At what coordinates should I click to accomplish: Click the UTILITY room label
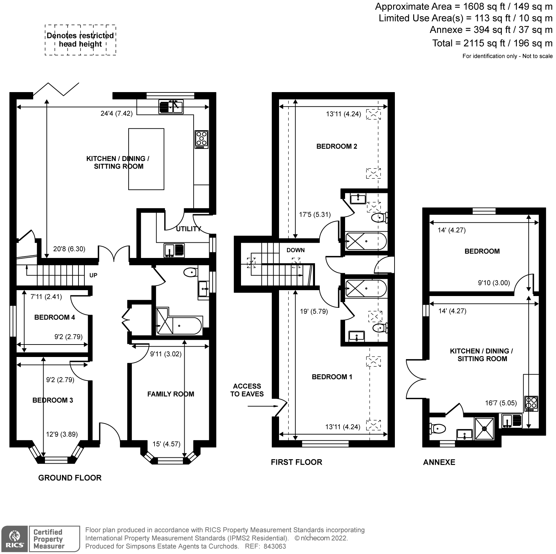click(188, 229)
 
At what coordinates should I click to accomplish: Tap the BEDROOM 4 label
click(55, 317)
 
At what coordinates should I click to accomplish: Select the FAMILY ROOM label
click(171, 394)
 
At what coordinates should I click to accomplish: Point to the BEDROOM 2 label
click(337, 146)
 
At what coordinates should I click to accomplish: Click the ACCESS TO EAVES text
click(247, 390)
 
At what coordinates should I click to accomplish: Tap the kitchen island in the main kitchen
click(146, 159)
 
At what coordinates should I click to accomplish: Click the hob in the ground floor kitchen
click(202, 139)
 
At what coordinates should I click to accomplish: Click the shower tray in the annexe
click(484, 428)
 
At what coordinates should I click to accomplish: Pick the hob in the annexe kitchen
click(531, 404)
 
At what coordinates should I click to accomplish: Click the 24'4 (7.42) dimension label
click(117, 113)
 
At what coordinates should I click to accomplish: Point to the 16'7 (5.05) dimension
click(501, 403)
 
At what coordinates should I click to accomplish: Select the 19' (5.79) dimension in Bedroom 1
click(314, 312)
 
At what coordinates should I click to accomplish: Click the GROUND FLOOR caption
click(70, 478)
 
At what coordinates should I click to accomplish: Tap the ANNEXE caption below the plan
click(439, 462)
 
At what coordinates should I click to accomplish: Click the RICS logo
click(14, 539)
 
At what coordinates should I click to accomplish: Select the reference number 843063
click(275, 546)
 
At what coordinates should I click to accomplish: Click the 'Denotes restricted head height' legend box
click(80, 40)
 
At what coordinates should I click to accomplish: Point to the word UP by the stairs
click(93, 275)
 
